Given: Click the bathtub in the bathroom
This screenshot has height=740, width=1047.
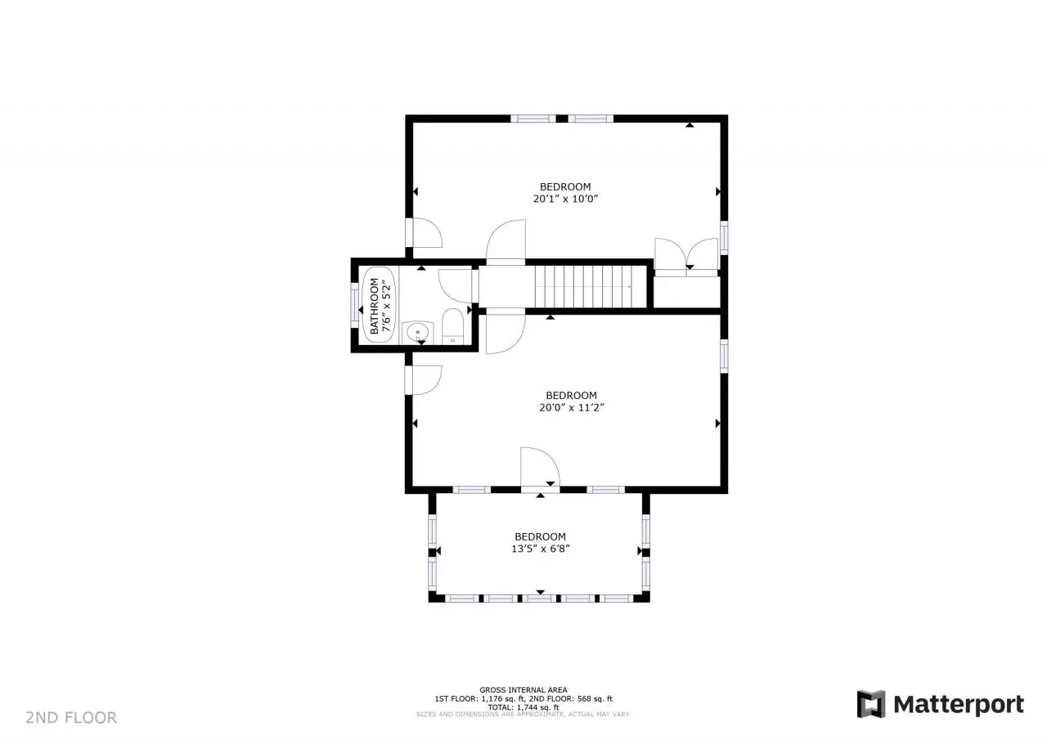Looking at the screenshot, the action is click(x=379, y=305).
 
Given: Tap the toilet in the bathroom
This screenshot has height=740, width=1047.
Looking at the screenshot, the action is click(x=452, y=326).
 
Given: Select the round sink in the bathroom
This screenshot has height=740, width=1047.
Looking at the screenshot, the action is click(x=417, y=332).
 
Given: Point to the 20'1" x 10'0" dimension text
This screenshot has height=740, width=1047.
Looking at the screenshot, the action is click(x=565, y=199).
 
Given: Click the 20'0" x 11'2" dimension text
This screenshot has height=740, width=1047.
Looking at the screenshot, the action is click(x=572, y=407).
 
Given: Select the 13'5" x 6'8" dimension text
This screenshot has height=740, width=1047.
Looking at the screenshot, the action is click(x=541, y=549).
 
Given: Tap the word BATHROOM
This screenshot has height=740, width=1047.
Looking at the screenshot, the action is click(x=374, y=306).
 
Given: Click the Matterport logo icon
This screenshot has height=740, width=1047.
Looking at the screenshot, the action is click(x=871, y=704).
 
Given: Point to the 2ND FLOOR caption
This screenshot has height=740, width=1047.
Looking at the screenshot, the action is click(x=71, y=718).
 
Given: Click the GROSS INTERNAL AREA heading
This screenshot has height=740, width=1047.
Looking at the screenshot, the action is click(x=523, y=689).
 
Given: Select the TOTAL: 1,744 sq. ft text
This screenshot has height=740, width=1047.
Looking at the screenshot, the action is click(x=523, y=707).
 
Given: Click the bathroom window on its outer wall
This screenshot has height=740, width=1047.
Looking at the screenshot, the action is click(x=354, y=305).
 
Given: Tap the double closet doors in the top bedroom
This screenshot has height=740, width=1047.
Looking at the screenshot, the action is click(x=686, y=255).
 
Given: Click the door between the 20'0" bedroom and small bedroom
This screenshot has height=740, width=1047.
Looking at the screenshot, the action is click(x=540, y=468).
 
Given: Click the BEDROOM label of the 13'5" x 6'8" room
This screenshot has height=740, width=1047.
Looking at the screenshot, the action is click(x=541, y=536).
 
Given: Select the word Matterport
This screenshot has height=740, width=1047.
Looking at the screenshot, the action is click(x=959, y=705).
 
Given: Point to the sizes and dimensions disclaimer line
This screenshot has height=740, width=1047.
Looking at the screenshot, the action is click(x=523, y=715).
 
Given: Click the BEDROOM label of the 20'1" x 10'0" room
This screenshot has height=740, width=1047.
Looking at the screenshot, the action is click(x=565, y=186).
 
